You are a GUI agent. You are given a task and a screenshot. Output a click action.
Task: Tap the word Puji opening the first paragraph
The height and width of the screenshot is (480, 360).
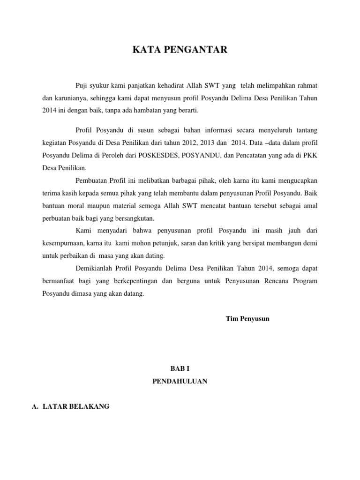tap(82, 85)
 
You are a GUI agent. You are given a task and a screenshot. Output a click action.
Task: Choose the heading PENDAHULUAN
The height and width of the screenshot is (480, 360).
tap(180, 382)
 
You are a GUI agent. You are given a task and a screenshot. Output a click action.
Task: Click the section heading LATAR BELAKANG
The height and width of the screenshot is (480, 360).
tap(76, 407)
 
